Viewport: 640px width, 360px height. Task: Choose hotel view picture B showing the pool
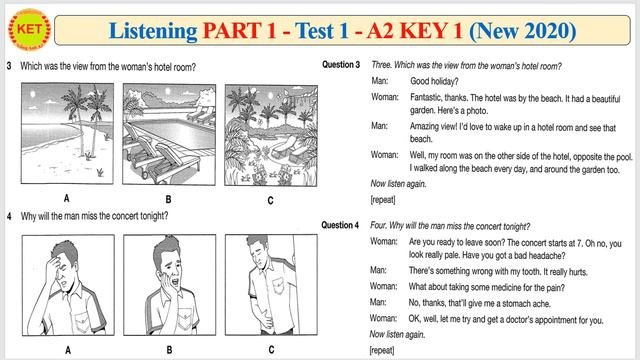[x=167, y=135]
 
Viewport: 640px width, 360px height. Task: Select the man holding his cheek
[x=167, y=286]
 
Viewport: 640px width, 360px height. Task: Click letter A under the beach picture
[x=66, y=199]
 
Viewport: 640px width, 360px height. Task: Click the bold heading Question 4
[x=341, y=226]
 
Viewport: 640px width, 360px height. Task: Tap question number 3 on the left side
[x=8, y=67]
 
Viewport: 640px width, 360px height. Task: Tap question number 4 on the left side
[x=8, y=217]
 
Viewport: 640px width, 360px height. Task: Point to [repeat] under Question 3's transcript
[x=382, y=200]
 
